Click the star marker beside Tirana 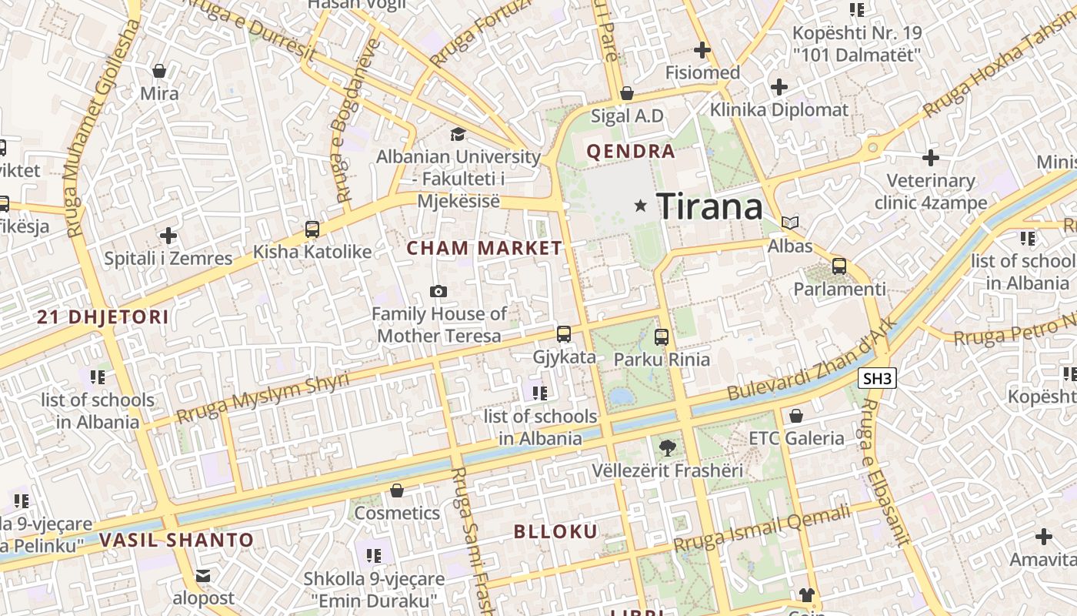click(640, 206)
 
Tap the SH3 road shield click(877, 378)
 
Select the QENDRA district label click(631, 151)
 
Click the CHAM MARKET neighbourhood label click(485, 248)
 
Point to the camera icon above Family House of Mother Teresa click(438, 291)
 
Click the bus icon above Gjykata click(564, 334)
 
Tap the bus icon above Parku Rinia click(662, 336)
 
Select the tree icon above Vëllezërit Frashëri click(667, 447)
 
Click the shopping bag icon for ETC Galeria click(796, 416)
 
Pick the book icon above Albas click(790, 223)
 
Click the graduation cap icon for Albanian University click(458, 135)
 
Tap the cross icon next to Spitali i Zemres click(168, 236)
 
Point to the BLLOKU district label click(555, 531)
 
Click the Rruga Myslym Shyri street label click(262, 397)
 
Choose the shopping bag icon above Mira click(159, 71)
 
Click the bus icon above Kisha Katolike click(312, 229)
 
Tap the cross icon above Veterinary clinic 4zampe click(931, 158)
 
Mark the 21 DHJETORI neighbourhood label click(102, 316)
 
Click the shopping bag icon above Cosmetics click(397, 490)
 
